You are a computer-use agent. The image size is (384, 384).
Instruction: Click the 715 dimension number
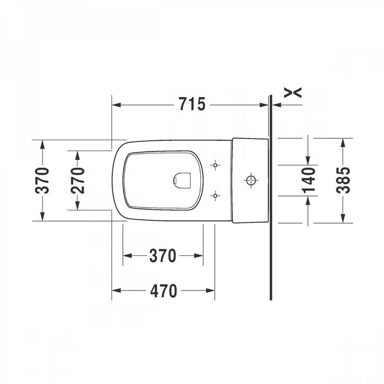tap(192, 105)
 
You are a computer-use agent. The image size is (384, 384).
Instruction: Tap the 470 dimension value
tap(163, 291)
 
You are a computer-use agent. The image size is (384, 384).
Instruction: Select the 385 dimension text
tap(343, 180)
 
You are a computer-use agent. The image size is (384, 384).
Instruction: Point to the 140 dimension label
tap(308, 180)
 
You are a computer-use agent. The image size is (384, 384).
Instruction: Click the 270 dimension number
tap(77, 180)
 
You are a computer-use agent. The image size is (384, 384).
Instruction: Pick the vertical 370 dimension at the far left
tap(42, 180)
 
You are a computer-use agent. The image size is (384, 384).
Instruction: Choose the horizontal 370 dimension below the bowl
tap(163, 256)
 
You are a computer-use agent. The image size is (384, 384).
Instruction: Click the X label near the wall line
tap(293, 93)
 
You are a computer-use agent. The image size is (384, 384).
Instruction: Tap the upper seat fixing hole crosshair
tap(215, 165)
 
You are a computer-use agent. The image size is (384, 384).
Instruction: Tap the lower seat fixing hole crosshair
tap(215, 196)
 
